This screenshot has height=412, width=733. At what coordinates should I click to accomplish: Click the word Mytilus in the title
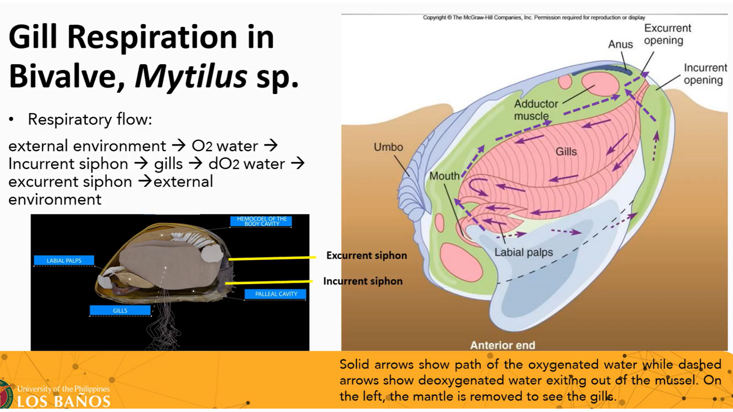click(191, 76)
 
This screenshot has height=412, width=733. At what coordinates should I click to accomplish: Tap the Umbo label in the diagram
click(388, 147)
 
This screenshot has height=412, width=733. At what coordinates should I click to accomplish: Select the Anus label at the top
click(620, 44)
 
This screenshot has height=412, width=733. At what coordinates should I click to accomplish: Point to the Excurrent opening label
click(667, 34)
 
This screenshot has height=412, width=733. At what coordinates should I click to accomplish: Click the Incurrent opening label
click(705, 74)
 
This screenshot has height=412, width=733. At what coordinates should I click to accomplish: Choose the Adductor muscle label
click(535, 109)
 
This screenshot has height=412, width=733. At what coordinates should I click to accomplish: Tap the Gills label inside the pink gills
click(566, 151)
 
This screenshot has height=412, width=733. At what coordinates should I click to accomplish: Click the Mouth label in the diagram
click(444, 176)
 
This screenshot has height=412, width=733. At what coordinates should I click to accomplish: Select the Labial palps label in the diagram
click(523, 252)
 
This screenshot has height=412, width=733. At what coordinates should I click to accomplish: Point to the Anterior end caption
click(502, 345)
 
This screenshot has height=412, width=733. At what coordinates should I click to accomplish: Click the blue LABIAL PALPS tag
click(64, 261)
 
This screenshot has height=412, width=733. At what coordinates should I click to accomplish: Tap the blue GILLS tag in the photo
click(120, 311)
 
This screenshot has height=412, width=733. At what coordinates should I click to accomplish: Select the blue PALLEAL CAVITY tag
click(276, 294)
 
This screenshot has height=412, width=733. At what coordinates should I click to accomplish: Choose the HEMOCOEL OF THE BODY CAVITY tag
click(262, 221)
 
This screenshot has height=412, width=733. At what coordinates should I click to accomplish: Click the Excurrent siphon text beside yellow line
click(366, 255)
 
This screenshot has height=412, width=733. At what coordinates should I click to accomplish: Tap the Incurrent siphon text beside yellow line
click(363, 281)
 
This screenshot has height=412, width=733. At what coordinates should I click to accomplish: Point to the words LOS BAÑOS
click(63, 401)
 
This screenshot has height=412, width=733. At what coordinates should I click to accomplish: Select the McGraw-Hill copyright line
click(534, 18)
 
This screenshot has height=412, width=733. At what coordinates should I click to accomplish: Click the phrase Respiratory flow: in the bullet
click(90, 119)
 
